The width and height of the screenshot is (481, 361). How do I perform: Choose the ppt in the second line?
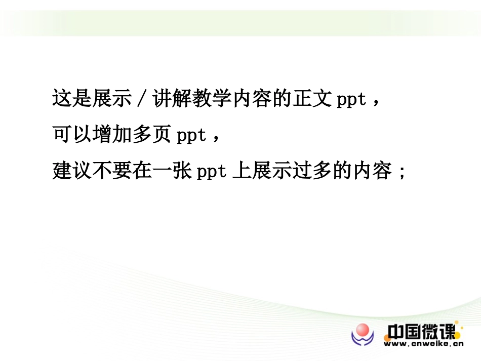click(192, 136)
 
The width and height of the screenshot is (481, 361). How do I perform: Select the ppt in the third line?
click(212, 172)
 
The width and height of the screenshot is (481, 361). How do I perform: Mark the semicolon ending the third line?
click(403, 172)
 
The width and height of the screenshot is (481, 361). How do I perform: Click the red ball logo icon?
click(363, 332)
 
